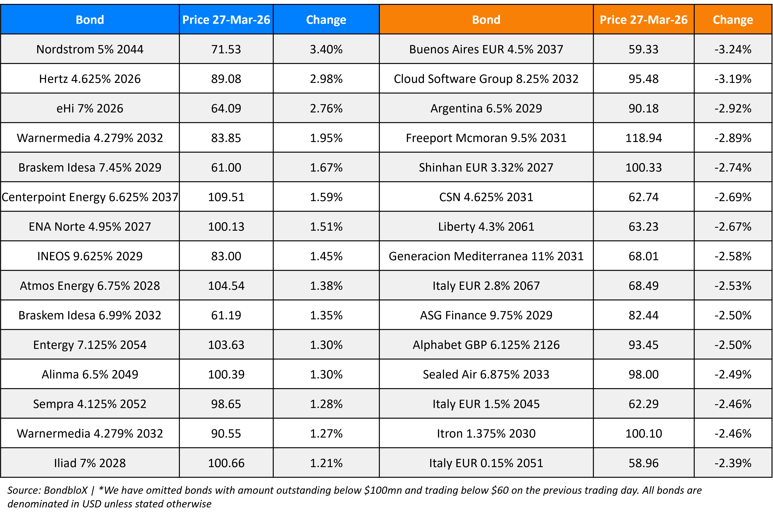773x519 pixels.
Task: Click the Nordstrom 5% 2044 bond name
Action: point(90,49)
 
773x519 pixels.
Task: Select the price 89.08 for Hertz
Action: point(226,79)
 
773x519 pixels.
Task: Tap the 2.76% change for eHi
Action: point(326,109)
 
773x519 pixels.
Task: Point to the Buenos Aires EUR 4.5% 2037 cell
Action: point(486,49)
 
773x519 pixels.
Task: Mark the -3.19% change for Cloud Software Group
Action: point(733,79)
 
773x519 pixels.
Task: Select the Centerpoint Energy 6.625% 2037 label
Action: point(90,197)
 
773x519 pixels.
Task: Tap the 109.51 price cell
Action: point(226,197)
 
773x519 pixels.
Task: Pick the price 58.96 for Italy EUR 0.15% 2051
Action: point(643,463)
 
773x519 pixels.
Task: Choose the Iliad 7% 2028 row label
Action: point(90,463)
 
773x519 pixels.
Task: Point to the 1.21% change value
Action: point(326,463)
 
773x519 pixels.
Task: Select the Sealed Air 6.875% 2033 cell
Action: point(486,374)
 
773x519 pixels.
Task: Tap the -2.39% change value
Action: point(733,463)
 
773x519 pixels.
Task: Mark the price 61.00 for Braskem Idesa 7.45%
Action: point(226,167)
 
